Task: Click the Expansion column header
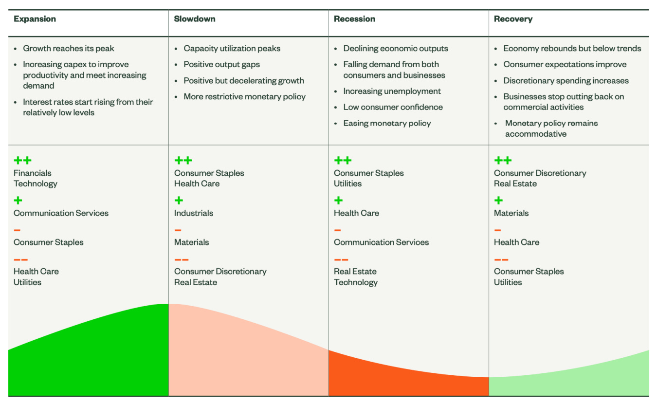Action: tap(35, 19)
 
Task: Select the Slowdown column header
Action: tap(195, 19)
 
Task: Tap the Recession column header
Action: tap(354, 19)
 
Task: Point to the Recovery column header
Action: tap(513, 19)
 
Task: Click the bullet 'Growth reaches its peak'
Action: tap(68, 48)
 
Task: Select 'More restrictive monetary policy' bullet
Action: tap(244, 96)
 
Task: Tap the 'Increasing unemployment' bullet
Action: tap(392, 91)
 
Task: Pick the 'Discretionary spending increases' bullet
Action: tap(566, 81)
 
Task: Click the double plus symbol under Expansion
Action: tap(22, 160)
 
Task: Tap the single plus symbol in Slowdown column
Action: tap(179, 201)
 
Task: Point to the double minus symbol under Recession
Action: tap(341, 259)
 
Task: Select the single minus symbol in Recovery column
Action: tap(497, 230)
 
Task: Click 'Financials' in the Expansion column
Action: tap(32, 173)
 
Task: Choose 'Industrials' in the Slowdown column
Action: tap(194, 213)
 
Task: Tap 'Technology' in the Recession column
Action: tap(356, 282)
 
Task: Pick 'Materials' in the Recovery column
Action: tap(511, 213)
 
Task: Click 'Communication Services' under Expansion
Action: tap(61, 213)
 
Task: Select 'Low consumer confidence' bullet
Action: tap(393, 107)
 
